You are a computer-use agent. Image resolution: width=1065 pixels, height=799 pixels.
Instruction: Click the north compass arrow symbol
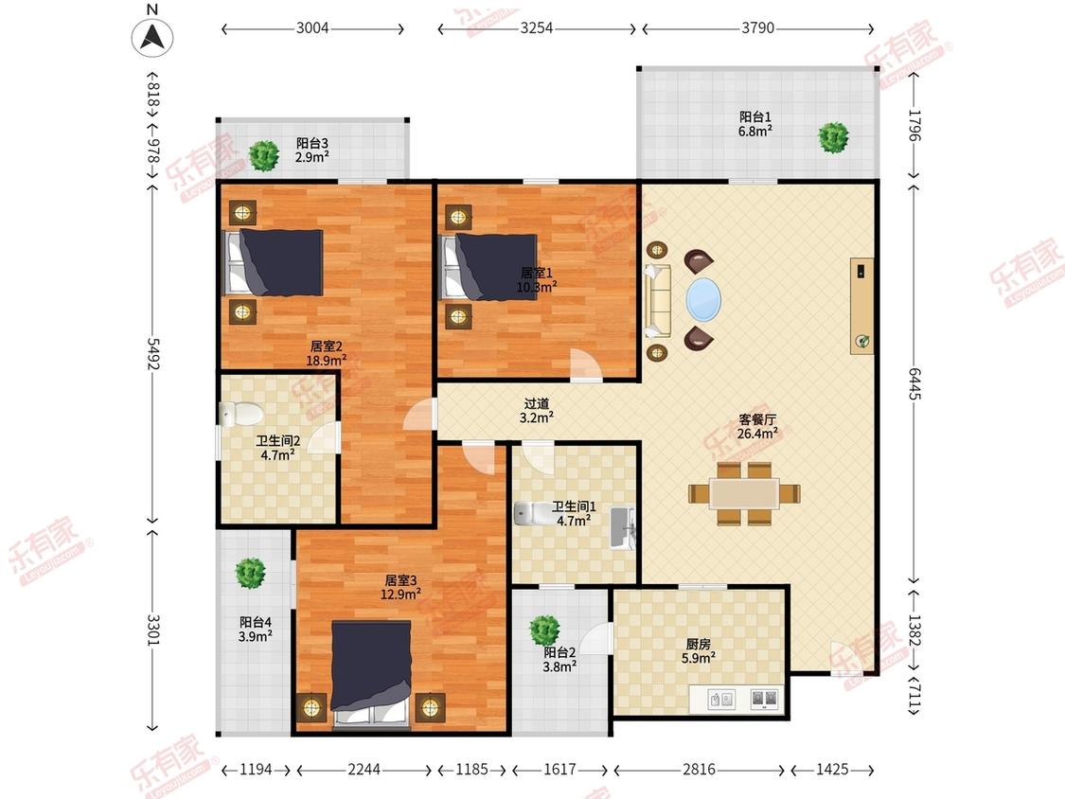(152, 37)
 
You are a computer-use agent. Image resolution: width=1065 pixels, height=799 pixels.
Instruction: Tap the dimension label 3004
(312, 27)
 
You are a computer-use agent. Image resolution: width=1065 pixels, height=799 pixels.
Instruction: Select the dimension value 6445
(914, 383)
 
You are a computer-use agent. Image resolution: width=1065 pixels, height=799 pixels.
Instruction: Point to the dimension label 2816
(699, 769)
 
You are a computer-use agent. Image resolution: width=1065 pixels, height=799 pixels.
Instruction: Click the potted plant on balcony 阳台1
(833, 138)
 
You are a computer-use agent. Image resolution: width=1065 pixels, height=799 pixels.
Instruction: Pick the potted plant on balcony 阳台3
(263, 155)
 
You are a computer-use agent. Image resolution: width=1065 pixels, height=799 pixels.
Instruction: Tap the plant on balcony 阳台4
(250, 574)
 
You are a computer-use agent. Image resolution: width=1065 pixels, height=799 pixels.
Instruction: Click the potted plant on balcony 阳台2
(544, 630)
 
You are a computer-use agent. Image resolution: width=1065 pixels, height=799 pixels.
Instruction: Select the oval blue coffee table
(703, 299)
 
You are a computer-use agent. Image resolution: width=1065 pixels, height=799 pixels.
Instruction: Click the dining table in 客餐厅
(744, 493)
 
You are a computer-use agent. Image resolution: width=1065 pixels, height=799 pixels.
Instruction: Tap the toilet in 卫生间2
(240, 413)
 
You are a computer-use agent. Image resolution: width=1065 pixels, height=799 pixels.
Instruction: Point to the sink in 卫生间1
(622, 527)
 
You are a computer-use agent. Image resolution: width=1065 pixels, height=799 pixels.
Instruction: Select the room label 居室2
(326, 346)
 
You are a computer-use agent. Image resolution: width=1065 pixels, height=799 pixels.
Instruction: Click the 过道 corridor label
(537, 403)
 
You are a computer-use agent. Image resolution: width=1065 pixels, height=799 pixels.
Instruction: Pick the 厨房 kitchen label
(699, 644)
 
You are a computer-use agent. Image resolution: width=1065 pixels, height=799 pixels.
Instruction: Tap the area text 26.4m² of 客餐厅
(757, 434)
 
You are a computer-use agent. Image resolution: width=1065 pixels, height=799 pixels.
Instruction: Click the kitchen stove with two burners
(765, 699)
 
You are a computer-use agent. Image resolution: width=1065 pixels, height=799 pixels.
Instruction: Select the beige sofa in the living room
(658, 299)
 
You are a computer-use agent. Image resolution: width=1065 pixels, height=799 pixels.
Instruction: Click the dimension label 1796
(914, 125)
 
